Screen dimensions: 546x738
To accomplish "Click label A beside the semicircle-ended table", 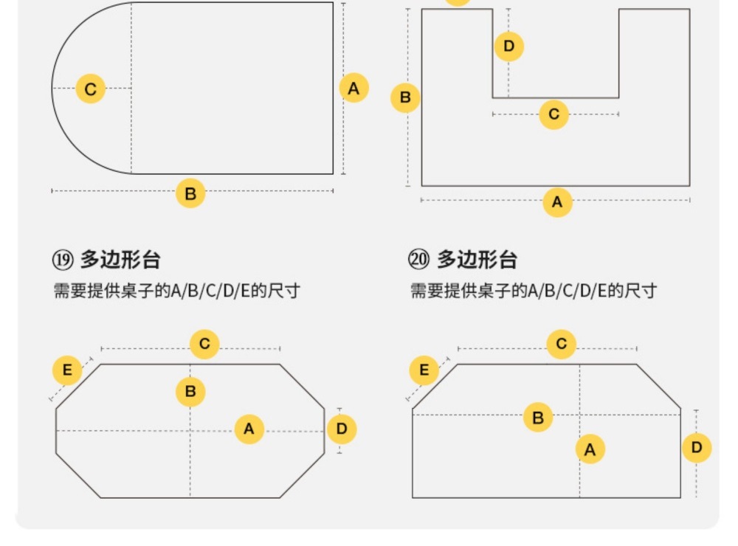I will pyautogui.click(x=354, y=89).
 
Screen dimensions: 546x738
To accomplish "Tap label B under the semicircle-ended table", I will pyautogui.click(x=190, y=194).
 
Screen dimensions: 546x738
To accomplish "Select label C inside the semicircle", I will pyautogui.click(x=90, y=89).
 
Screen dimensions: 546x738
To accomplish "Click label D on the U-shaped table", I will pyautogui.click(x=508, y=47).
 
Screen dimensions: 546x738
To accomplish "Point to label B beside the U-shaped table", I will pyautogui.click(x=405, y=97).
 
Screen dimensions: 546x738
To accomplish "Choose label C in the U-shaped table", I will pyautogui.click(x=553, y=114).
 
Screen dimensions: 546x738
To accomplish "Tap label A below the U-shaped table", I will pyautogui.click(x=557, y=201).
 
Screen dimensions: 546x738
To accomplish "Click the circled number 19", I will pyautogui.click(x=61, y=260).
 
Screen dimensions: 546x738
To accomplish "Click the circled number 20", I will pyautogui.click(x=418, y=260).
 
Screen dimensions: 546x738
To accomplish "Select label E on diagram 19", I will pyautogui.click(x=67, y=370).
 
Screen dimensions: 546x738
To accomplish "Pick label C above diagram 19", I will pyautogui.click(x=204, y=344).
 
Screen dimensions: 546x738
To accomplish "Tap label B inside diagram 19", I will pyautogui.click(x=190, y=391).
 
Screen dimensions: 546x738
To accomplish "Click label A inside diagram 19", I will pyautogui.click(x=249, y=429).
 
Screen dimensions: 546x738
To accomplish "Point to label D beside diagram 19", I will pyautogui.click(x=341, y=429).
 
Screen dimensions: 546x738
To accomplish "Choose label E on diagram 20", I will pyautogui.click(x=424, y=370).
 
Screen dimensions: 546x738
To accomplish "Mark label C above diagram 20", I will pyautogui.click(x=561, y=344).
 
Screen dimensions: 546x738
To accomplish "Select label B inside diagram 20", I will pyautogui.click(x=538, y=418).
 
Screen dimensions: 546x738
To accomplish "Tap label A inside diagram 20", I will pyautogui.click(x=590, y=449).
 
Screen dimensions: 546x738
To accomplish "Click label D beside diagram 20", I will pyautogui.click(x=697, y=447).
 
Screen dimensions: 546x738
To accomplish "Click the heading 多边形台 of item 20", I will pyautogui.click(x=477, y=260).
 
